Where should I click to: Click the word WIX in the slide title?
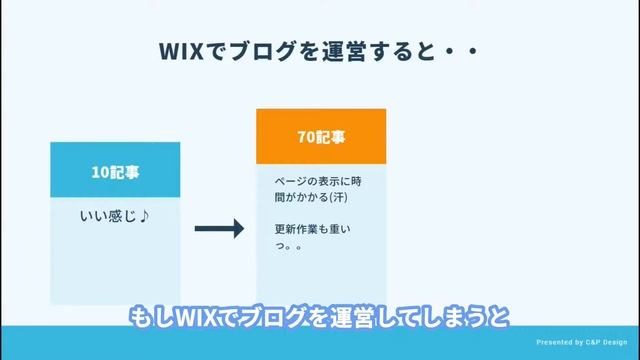click(x=180, y=51)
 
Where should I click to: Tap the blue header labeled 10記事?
click(x=115, y=172)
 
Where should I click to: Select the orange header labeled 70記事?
click(x=321, y=136)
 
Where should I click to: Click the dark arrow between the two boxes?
click(x=219, y=229)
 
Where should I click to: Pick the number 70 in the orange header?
click(x=306, y=136)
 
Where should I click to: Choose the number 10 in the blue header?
click(x=100, y=172)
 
